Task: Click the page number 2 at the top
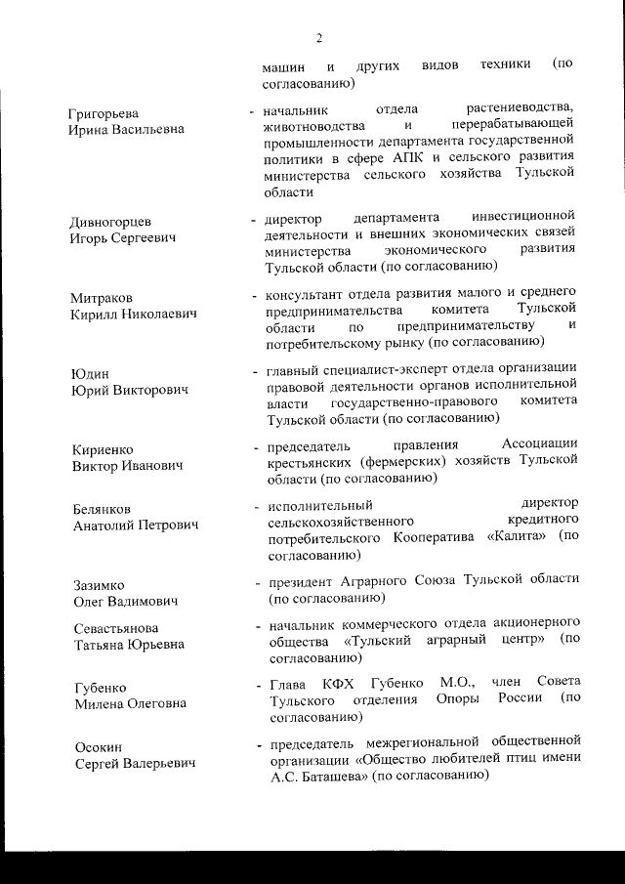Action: (x=319, y=38)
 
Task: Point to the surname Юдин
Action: (x=91, y=373)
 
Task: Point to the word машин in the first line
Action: (x=283, y=67)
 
